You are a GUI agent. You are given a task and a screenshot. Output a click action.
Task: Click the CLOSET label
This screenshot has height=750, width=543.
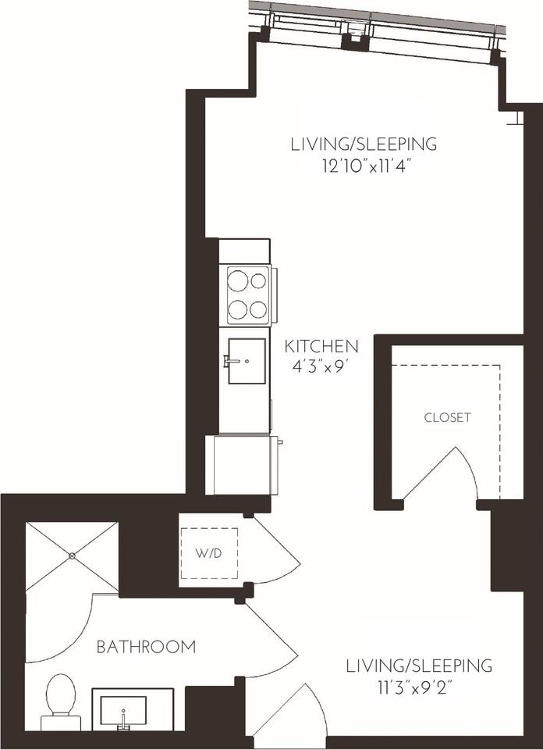(x=448, y=417)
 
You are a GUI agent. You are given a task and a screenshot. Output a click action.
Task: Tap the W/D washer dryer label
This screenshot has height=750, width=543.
(x=209, y=553)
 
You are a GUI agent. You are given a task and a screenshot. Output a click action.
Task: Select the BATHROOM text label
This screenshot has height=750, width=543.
(x=146, y=647)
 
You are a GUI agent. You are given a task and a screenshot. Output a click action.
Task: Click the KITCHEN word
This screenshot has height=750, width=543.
(x=321, y=346)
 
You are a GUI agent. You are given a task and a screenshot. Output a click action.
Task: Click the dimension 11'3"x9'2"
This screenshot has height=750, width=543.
(x=414, y=688)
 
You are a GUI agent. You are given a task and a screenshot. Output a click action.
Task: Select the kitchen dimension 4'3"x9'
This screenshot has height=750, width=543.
(x=318, y=367)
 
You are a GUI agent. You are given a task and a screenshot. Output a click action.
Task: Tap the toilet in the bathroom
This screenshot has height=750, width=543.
(x=61, y=702)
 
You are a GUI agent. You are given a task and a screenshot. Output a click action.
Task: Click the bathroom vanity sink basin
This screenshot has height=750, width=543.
(x=123, y=710)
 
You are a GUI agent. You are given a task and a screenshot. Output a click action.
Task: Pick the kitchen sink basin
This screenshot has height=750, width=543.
(x=247, y=361)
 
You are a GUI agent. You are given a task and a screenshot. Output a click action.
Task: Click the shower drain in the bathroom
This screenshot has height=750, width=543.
(x=72, y=555)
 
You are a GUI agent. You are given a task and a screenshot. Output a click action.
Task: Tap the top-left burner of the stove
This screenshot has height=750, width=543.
(x=237, y=280)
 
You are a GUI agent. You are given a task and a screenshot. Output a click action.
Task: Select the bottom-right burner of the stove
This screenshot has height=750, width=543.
(x=258, y=309)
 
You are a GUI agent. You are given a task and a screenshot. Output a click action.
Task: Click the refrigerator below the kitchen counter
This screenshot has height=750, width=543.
(x=242, y=464)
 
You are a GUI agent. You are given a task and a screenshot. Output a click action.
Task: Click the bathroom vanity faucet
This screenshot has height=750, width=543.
(x=123, y=720)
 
